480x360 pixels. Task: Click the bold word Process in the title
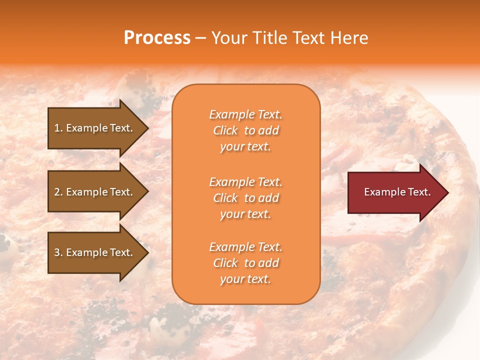157,38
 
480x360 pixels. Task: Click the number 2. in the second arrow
58,192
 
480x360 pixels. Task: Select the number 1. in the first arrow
58,128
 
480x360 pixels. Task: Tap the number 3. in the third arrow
58,252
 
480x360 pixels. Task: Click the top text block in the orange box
245,130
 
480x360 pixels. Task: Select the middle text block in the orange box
245,198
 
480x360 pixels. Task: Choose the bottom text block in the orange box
245,263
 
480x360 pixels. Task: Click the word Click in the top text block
225,130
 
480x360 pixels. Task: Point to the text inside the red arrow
397,192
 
